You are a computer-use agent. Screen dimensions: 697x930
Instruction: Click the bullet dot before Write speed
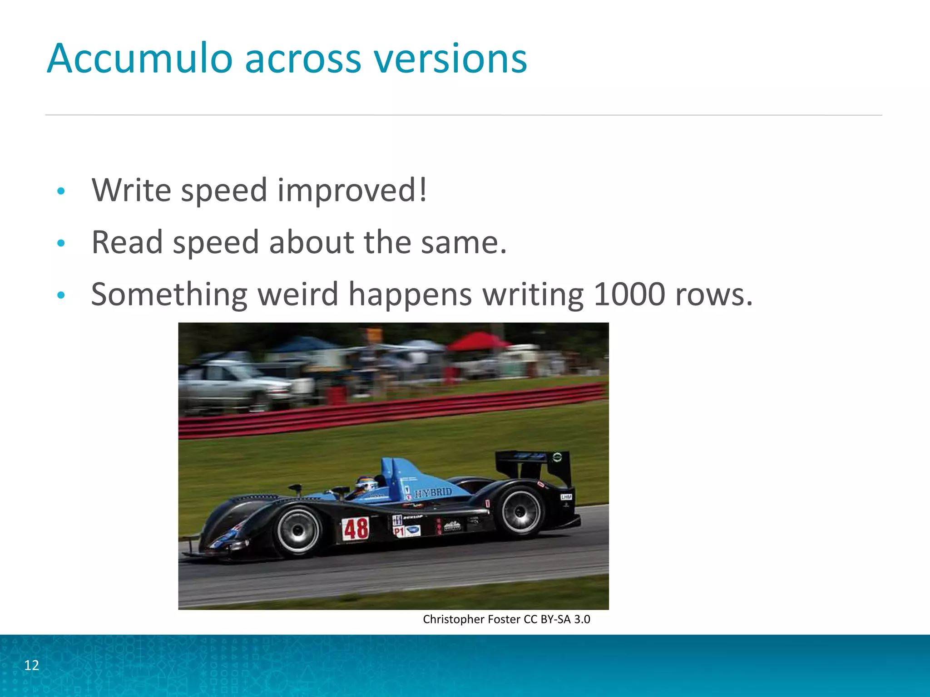[61, 191]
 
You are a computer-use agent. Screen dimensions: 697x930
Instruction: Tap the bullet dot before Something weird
[61, 296]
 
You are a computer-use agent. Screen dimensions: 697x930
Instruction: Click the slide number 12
[31, 665]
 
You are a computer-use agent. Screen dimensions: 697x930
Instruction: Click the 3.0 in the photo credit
[581, 619]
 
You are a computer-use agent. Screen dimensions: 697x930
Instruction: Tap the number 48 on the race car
[356, 529]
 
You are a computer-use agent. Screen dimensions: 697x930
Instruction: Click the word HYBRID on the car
[434, 493]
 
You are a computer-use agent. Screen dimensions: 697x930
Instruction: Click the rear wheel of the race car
[520, 511]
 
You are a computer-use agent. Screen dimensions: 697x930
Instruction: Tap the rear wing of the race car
[534, 461]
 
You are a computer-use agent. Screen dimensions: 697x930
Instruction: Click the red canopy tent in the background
[477, 341]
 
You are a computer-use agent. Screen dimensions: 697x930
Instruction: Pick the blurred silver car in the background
[232, 383]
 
